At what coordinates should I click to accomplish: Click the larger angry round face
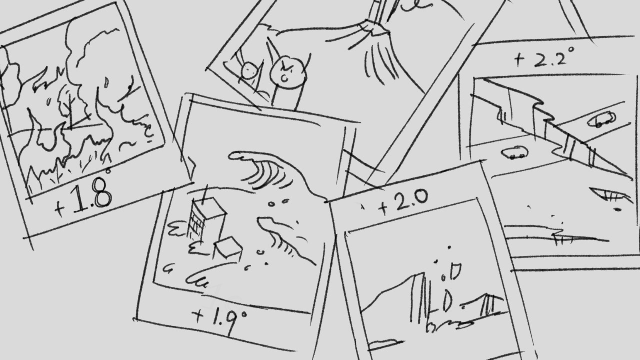click(288, 73)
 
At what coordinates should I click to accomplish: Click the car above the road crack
click(601, 120)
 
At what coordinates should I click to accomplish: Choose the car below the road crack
click(514, 153)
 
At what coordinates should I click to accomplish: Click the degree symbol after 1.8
click(108, 171)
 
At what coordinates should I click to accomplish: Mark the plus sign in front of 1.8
click(60, 208)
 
